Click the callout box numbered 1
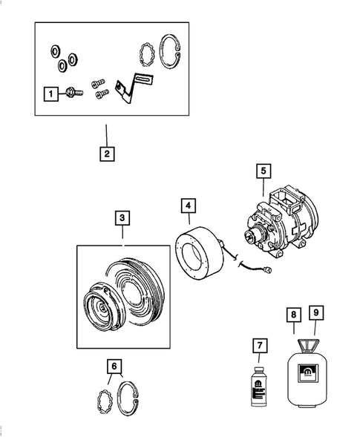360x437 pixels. coord(50,93)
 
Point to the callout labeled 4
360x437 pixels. coord(189,206)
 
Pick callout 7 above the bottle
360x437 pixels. coord(258,346)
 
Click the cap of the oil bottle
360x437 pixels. coord(257,365)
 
